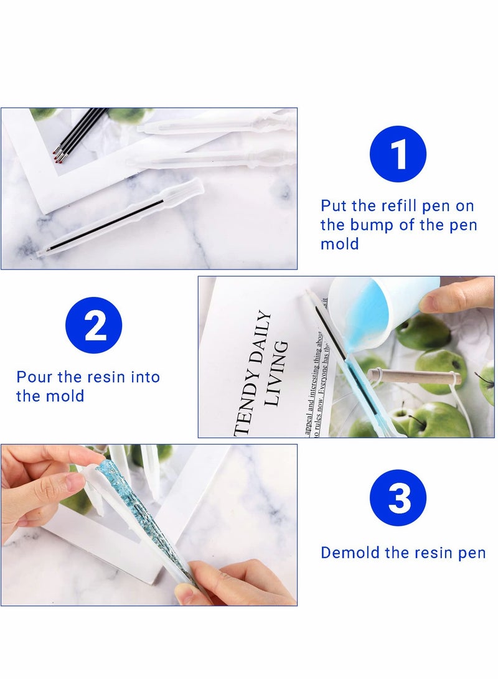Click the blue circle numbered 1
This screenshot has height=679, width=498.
point(398,154)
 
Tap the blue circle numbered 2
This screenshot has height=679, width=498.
point(94,325)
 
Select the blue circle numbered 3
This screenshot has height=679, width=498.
point(398,497)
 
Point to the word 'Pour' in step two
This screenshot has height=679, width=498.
point(32,377)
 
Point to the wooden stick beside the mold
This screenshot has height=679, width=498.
point(414,377)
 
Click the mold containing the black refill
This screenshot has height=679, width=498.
point(118,219)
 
